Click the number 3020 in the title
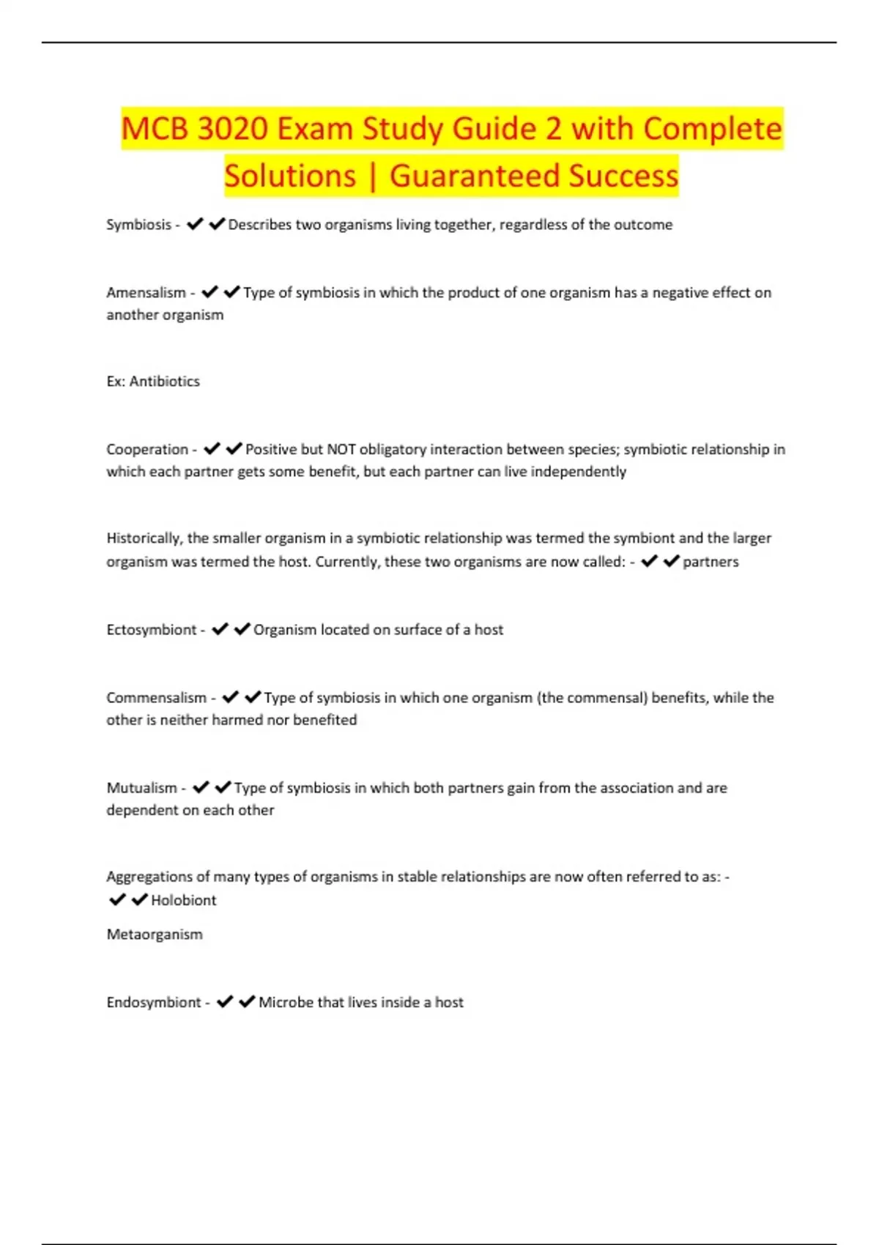pyautogui.click(x=232, y=129)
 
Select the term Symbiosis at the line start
pyautogui.click(x=138, y=225)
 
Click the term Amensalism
pyautogui.click(x=146, y=293)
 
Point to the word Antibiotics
pyautogui.click(x=164, y=382)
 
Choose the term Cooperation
pyautogui.click(x=147, y=450)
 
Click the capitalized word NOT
pyautogui.click(x=341, y=450)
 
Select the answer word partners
pyautogui.click(x=711, y=562)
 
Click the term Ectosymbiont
pyautogui.click(x=151, y=630)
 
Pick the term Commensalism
pyautogui.click(x=156, y=698)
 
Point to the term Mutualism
pyautogui.click(x=141, y=788)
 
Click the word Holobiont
pyautogui.click(x=183, y=900)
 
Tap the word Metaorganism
pyautogui.click(x=155, y=934)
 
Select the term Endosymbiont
pyautogui.click(x=153, y=1003)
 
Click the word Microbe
pyautogui.click(x=286, y=1003)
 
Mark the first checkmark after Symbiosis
pyautogui.click(x=195, y=224)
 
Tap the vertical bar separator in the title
pyautogui.click(x=373, y=176)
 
